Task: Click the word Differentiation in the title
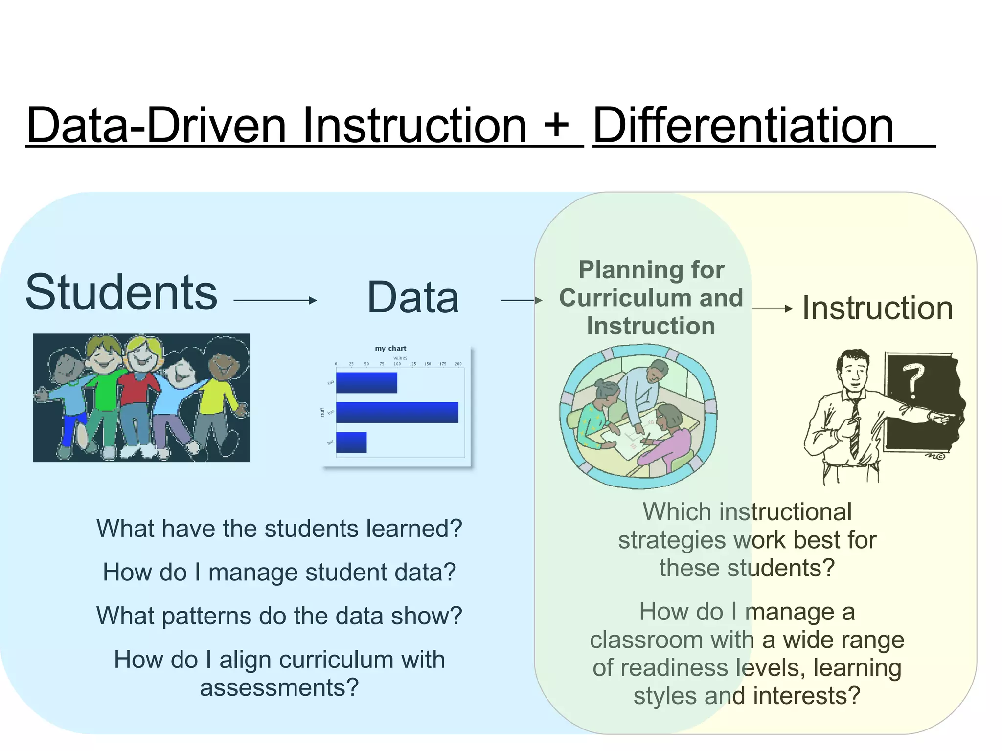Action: click(x=743, y=126)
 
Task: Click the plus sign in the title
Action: click(x=556, y=126)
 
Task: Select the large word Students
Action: click(x=121, y=292)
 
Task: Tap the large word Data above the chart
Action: click(x=413, y=297)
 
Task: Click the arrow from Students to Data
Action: click(x=275, y=300)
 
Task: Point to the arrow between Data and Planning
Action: click(x=522, y=300)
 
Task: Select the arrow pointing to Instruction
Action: click(x=772, y=309)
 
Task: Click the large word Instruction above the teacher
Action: click(x=878, y=308)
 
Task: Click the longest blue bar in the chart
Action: click(x=397, y=412)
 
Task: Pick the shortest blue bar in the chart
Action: click(x=351, y=442)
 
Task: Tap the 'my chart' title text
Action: click(x=390, y=348)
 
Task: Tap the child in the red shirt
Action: click(x=140, y=386)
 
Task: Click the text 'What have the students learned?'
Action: click(x=279, y=529)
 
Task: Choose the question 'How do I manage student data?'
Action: click(x=279, y=572)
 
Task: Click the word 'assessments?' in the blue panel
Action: click(x=279, y=687)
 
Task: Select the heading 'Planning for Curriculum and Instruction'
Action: click(x=651, y=298)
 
